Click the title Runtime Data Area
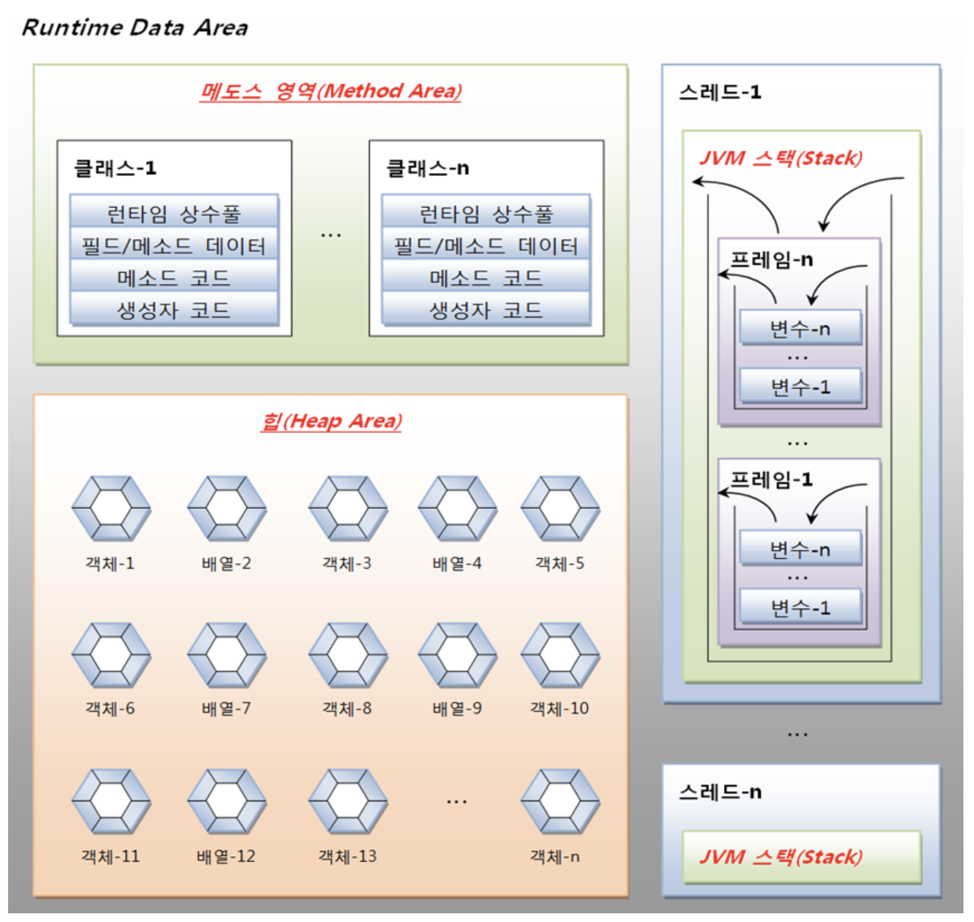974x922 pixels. (134, 27)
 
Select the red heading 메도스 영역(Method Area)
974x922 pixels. (330, 91)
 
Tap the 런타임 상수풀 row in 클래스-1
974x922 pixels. (174, 213)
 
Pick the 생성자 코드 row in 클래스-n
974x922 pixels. (486, 309)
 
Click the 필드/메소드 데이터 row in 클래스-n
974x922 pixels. (486, 246)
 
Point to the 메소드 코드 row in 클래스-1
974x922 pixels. (174, 277)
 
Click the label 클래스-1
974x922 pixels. (115, 168)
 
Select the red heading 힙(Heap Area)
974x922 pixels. (331, 421)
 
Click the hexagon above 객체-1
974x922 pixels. (111, 508)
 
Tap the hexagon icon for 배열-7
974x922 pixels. (226, 654)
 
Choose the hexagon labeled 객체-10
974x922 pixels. (560, 654)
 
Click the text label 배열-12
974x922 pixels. (226, 856)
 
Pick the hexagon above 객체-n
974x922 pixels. (560, 801)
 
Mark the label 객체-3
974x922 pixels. (346, 563)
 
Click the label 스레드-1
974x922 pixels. (720, 92)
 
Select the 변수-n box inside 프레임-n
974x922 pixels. (800, 328)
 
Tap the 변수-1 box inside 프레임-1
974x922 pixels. (800, 607)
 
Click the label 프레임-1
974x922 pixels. (771, 479)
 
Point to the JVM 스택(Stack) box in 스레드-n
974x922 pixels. (801, 857)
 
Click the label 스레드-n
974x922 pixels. (720, 792)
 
